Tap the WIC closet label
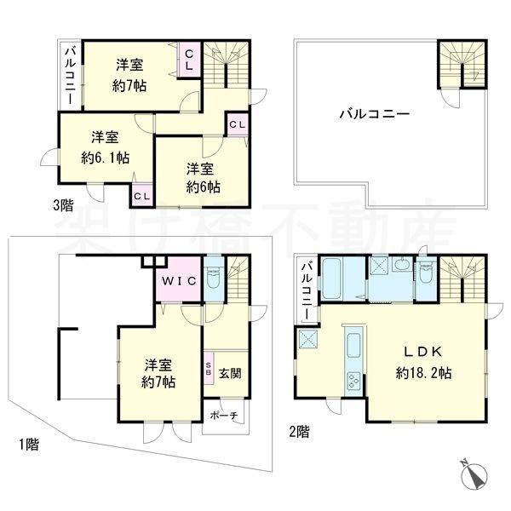coord(180,280)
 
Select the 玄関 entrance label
coord(229,373)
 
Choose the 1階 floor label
coord(28,443)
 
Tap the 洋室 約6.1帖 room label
coord(106,147)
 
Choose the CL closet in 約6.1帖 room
coord(141,195)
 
